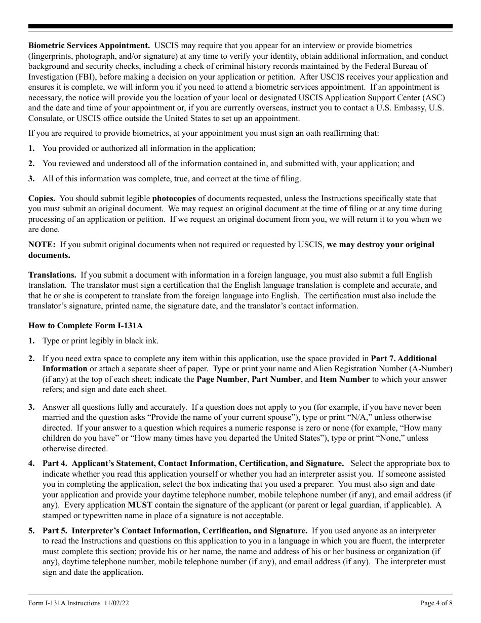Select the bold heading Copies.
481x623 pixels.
click(x=42, y=199)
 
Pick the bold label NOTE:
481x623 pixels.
click(x=42, y=245)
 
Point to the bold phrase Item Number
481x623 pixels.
click(x=344, y=379)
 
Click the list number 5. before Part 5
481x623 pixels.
click(x=31, y=531)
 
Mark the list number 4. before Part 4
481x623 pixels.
click(x=31, y=463)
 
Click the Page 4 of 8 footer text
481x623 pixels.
click(x=436, y=603)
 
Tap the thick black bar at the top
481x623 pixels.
click(x=240, y=26)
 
